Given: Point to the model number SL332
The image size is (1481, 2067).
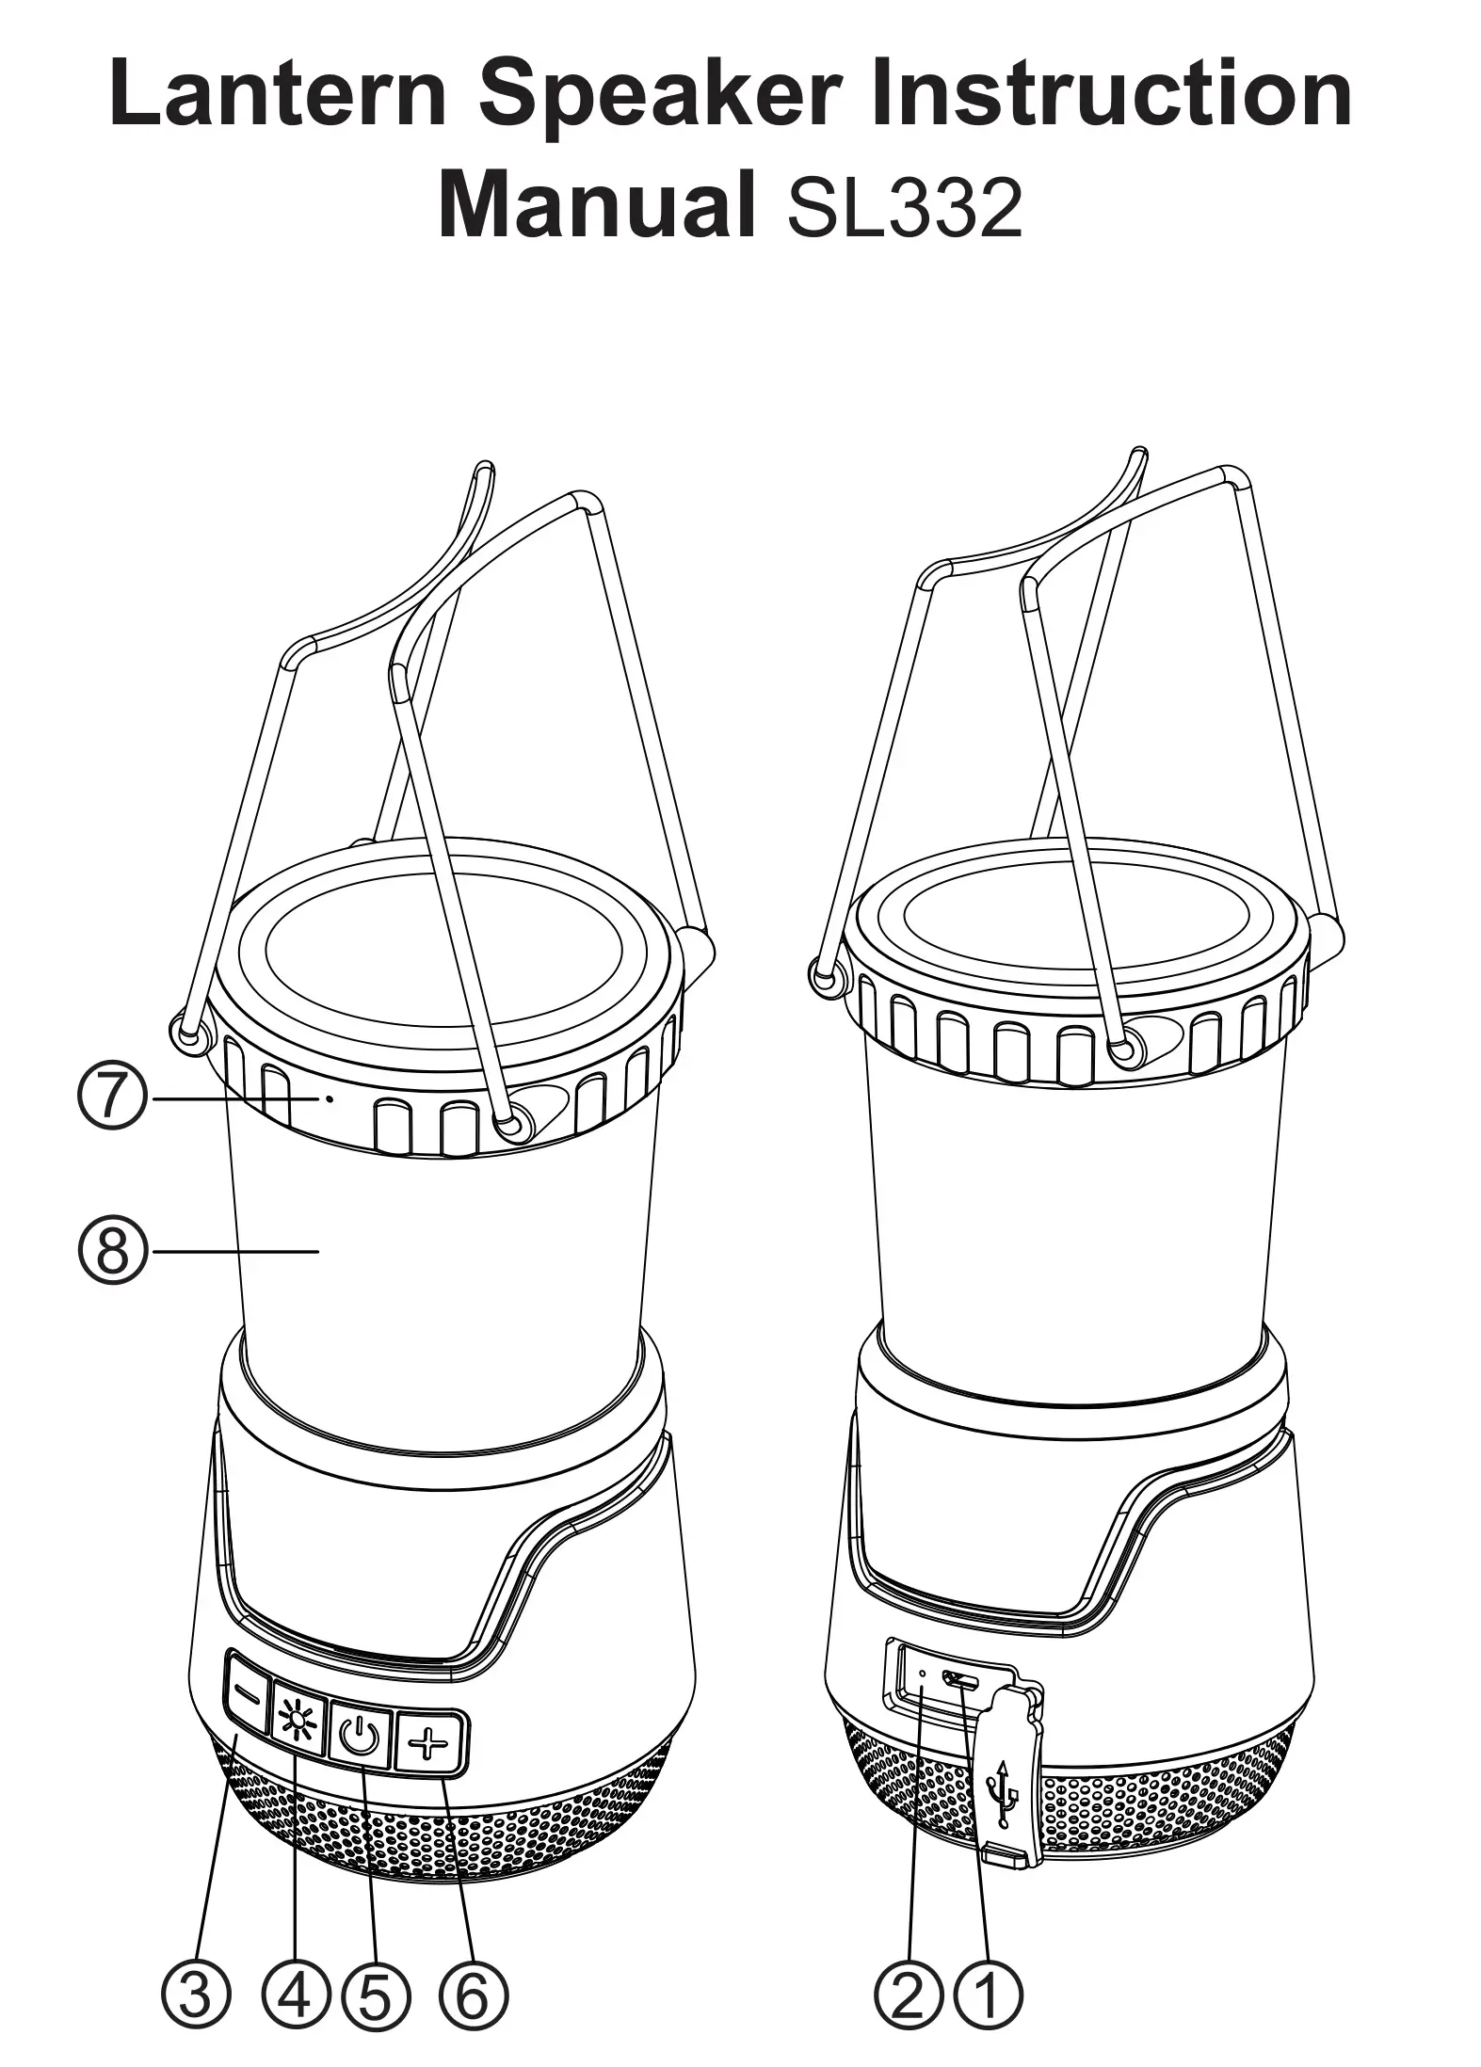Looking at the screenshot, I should click(x=903, y=207).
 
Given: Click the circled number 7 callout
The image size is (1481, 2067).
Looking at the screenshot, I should click(x=112, y=1098).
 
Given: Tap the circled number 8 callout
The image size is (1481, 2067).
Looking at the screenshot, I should click(x=112, y=1251).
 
